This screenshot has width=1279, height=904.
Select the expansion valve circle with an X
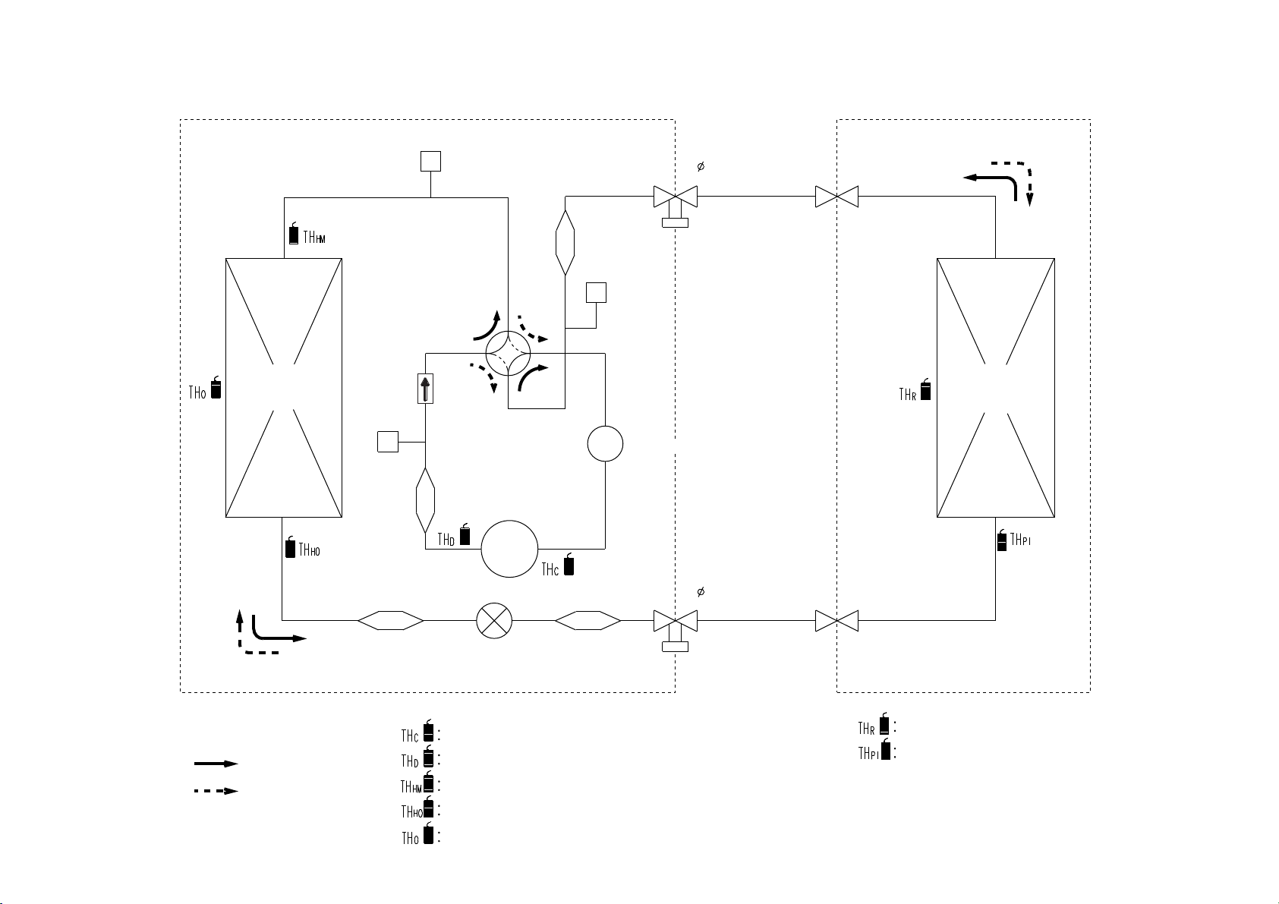[x=494, y=620]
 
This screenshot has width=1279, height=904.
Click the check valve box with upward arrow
[x=425, y=389]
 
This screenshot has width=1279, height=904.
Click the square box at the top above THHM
[x=430, y=161]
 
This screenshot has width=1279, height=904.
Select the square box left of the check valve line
[x=388, y=442]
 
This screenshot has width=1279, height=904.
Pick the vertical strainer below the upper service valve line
[x=565, y=243]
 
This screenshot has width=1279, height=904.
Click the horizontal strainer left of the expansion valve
[x=391, y=620]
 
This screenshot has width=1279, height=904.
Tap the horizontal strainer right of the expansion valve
[x=588, y=620]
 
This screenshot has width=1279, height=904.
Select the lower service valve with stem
[x=676, y=629]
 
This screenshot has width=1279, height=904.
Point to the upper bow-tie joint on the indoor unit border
[x=836, y=197]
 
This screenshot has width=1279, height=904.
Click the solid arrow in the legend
[x=216, y=764]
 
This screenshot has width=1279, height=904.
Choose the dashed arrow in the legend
[x=216, y=791]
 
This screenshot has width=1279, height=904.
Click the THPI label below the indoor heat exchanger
[x=1020, y=540]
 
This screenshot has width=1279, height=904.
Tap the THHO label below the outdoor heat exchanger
[x=310, y=550]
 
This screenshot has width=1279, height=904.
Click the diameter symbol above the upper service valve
[x=701, y=166]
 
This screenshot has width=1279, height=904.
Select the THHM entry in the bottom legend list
[x=420, y=783]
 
